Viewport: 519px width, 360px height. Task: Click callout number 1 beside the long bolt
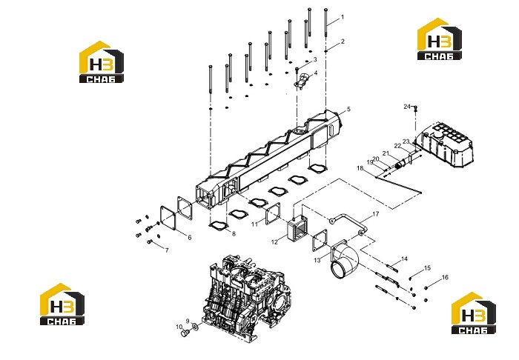(x=343, y=17)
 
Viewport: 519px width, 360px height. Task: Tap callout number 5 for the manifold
(x=348, y=109)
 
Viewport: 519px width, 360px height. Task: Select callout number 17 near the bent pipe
(x=375, y=214)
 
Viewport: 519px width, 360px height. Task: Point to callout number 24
(x=407, y=107)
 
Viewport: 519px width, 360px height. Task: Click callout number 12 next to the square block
(x=274, y=242)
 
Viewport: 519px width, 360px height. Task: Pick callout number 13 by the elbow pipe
(x=317, y=260)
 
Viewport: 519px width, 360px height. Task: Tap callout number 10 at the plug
(x=179, y=327)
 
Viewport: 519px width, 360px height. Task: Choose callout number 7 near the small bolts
(x=167, y=250)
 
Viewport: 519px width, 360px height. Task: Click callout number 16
(x=445, y=277)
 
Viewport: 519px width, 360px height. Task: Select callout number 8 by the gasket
(x=234, y=234)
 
